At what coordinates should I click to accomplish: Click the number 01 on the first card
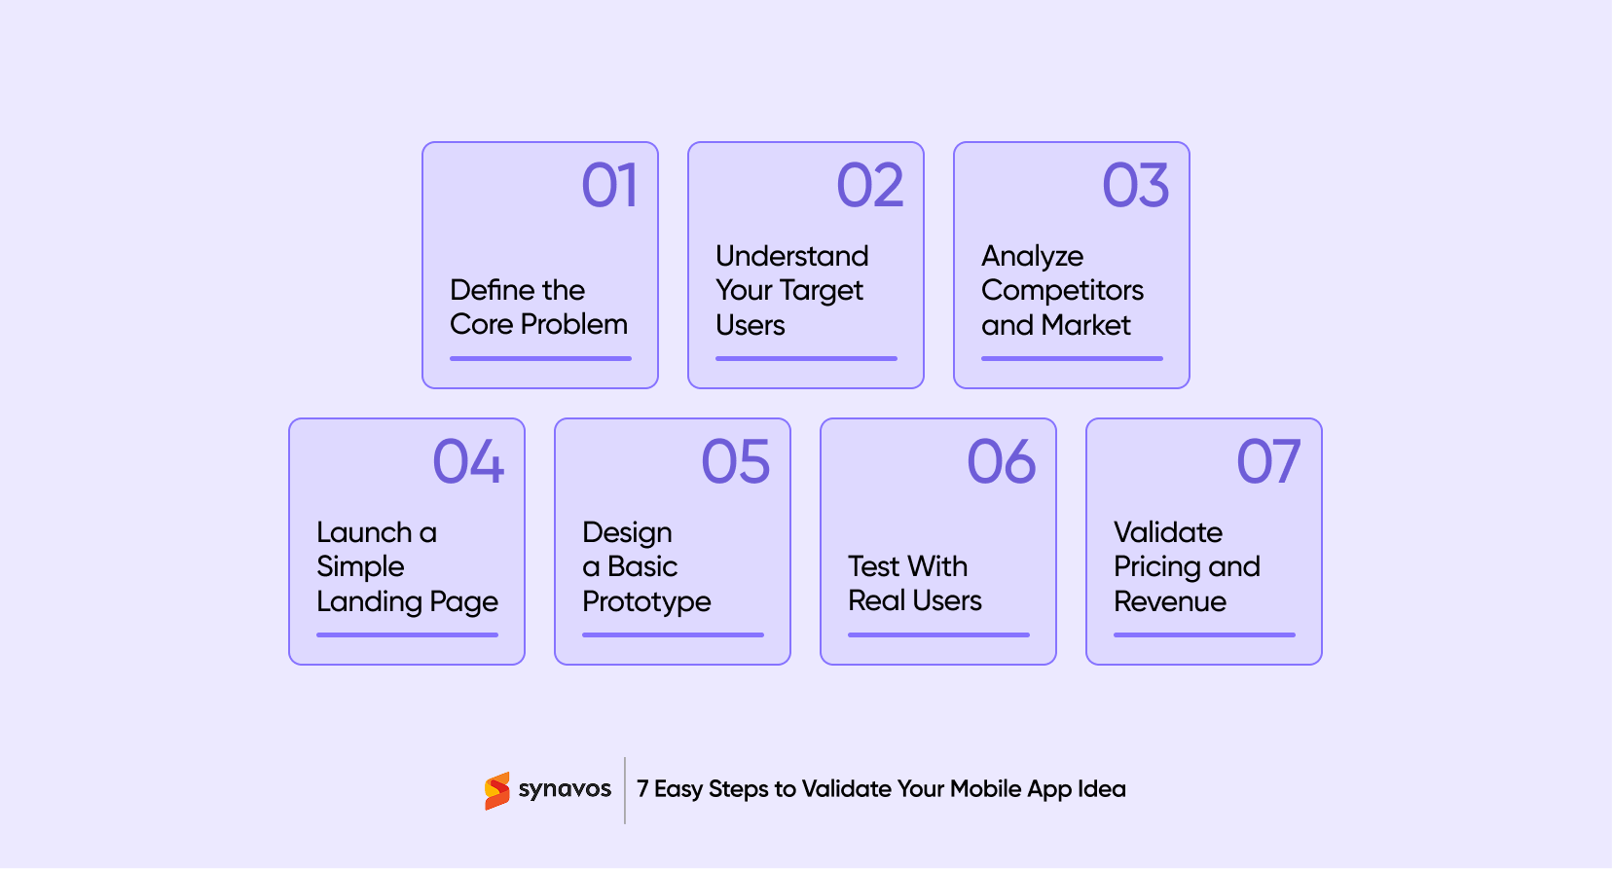pos(609,186)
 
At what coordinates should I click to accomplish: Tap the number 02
pos(870,186)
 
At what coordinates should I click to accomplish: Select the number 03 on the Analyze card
pos(1135,186)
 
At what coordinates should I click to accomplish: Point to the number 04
pos(468,461)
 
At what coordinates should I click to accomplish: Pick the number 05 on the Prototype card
pos(735,461)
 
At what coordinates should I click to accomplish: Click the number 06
pos(1001,461)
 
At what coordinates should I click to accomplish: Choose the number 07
pos(1267,461)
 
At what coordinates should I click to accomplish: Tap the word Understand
pos(791,256)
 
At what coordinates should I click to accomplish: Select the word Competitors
pos(1062,291)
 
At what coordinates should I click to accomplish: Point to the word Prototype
pos(646,602)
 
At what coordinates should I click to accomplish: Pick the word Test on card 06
pos(873,566)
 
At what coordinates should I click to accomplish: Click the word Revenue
pos(1169,601)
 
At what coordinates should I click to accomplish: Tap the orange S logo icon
pos(497,790)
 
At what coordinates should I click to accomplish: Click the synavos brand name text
pos(565,789)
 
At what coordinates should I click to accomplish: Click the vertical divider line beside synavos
pos(625,790)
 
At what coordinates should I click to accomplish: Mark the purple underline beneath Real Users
pos(937,634)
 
